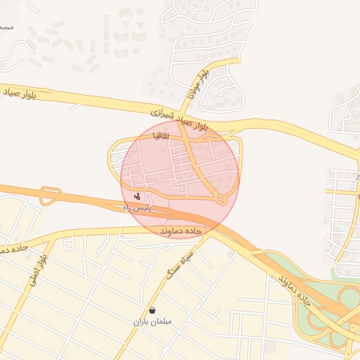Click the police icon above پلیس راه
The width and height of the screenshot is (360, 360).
[x=136, y=197]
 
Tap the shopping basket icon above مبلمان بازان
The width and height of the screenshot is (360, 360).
[x=153, y=310]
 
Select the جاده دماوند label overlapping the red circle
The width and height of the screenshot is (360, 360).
[x=181, y=231]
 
